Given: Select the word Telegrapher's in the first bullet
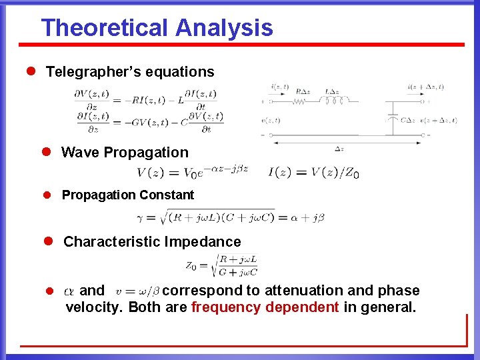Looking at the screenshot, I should click(91, 72).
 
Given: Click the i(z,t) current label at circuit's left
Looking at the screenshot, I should click(279, 87).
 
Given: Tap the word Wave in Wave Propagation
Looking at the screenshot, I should click(79, 153).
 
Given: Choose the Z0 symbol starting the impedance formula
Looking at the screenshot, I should click(191, 266).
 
